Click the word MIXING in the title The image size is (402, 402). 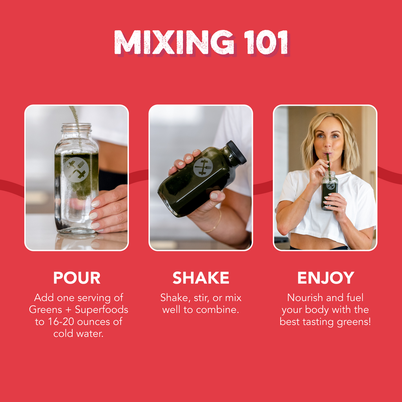[174, 42]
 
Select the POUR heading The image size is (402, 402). [77, 278]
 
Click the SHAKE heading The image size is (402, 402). [201, 278]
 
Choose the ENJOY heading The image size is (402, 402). [325, 278]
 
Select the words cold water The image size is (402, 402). [79, 334]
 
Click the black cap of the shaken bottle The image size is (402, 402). [236, 152]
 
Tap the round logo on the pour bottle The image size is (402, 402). [76, 170]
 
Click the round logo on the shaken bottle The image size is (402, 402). [203, 167]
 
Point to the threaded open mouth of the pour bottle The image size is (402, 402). [76, 128]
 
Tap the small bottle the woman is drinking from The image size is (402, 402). [329, 191]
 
